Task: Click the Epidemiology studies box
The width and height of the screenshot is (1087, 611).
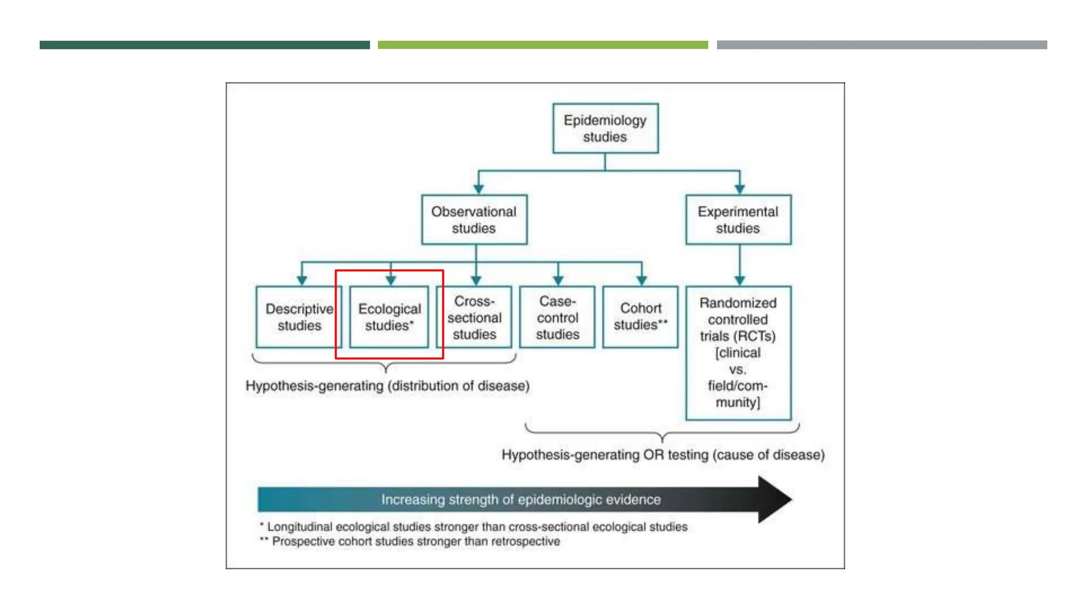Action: pos(605,128)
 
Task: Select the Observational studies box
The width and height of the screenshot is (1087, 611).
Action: pos(474,220)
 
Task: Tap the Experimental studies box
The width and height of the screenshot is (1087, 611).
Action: pos(738,220)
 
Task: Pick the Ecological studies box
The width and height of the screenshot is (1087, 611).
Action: pos(389,317)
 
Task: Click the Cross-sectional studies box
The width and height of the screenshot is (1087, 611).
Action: pos(474,317)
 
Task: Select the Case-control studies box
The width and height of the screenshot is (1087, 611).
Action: pos(557,317)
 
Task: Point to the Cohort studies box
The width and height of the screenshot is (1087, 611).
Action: pos(641,317)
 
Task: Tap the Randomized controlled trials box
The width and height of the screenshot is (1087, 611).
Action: pos(738,353)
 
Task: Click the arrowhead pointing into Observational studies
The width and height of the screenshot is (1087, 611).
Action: pos(479,189)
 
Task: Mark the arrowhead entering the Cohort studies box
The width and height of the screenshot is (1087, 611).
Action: pos(642,280)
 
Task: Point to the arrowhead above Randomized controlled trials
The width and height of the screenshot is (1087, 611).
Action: pos(740,280)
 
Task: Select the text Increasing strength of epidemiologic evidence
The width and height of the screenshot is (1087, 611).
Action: pos(521,500)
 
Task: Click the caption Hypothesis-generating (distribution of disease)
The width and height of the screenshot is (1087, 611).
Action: pos(387,386)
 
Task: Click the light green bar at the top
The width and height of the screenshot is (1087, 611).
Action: pos(542,45)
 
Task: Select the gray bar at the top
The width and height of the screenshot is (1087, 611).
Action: pos(882,45)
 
